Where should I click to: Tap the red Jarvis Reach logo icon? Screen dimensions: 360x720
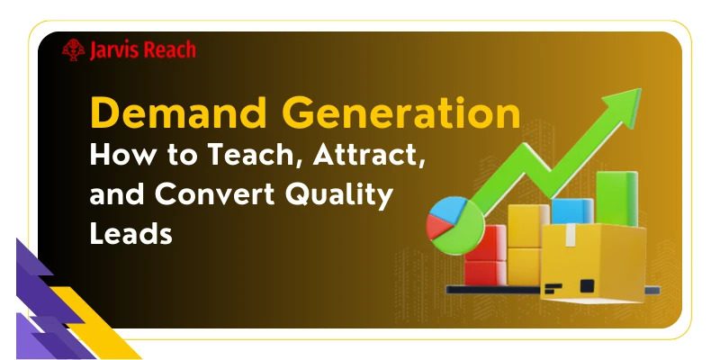(74, 50)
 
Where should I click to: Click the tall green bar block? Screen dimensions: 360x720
(616, 198)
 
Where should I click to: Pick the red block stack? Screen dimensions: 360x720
(484, 256)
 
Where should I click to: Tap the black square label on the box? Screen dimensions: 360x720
(587, 286)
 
